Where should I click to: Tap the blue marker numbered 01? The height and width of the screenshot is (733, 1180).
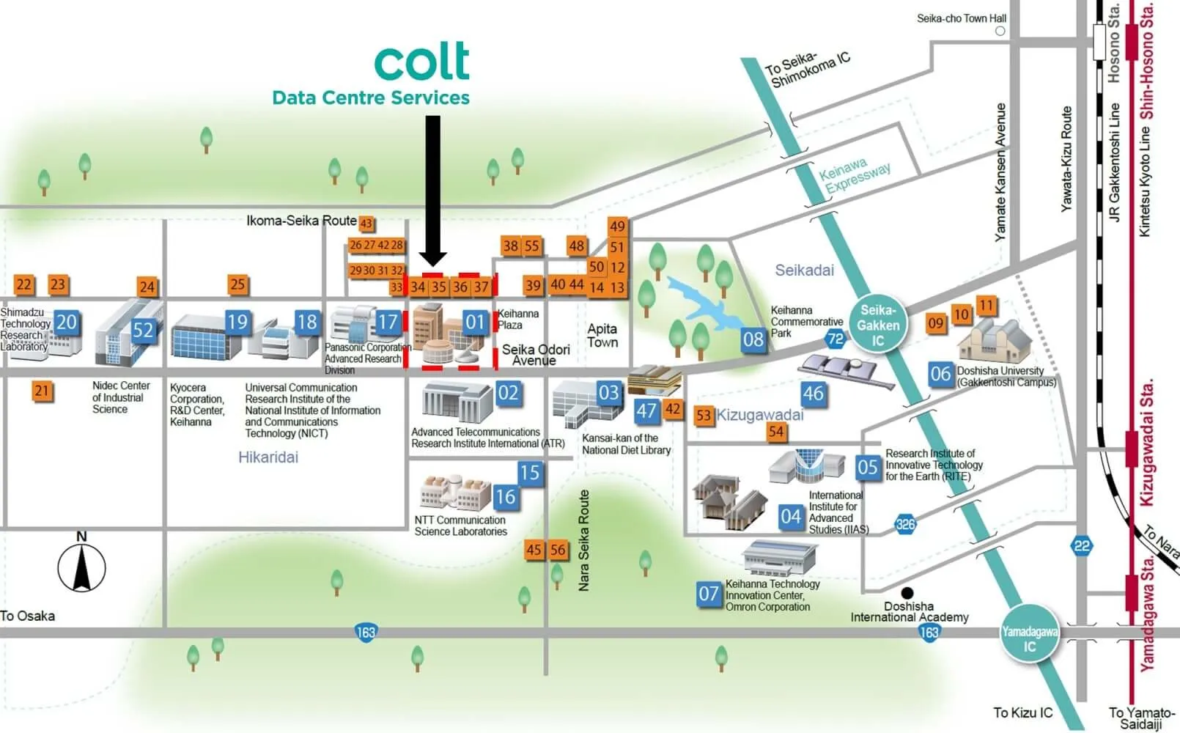coord(475,323)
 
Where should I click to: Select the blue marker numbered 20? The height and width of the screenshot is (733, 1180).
coord(66,322)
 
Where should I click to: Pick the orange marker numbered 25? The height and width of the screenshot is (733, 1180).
coord(237,284)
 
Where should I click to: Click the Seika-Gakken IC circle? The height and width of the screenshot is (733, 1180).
coord(878,325)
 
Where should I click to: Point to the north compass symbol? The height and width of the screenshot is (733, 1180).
coord(81,565)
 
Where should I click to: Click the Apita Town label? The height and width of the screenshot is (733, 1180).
coord(602,336)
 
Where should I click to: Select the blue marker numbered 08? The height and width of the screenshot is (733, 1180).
coord(753,339)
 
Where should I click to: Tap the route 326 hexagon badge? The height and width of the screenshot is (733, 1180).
coord(906,524)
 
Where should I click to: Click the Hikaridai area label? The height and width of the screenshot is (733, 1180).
coord(268,457)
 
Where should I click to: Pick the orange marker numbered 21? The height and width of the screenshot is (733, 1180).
coord(42,391)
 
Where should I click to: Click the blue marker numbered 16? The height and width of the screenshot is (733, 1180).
coord(505,497)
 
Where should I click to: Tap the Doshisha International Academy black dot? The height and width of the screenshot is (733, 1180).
coord(907,592)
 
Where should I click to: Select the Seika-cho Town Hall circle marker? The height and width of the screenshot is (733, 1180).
coord(1000,31)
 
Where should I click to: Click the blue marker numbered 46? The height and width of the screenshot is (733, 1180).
coord(813,394)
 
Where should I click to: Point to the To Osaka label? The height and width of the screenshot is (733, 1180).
coord(28,616)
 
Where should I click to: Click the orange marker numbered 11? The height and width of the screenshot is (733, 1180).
coord(987,305)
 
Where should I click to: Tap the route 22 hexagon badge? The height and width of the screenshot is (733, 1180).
coord(1082,545)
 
